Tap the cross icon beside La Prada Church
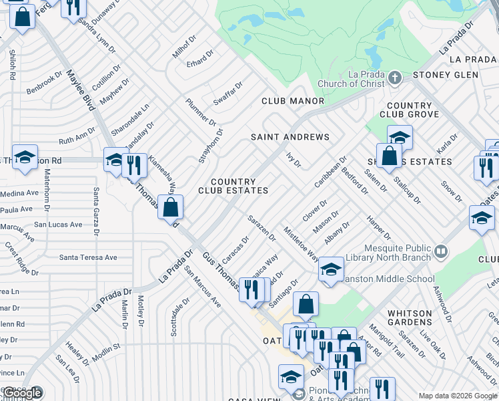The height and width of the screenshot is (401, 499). (394, 78)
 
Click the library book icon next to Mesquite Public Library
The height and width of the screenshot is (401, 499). (440, 251)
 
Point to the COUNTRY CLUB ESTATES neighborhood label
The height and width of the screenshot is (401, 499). (233, 186)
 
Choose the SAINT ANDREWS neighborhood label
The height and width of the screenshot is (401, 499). (290, 137)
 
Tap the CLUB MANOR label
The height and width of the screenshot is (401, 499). (292, 101)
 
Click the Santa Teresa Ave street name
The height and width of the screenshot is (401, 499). (88, 257)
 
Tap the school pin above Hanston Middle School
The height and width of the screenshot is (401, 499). (331, 269)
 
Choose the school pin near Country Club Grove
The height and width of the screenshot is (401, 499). (400, 138)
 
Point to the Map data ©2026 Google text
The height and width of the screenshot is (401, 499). (457, 396)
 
